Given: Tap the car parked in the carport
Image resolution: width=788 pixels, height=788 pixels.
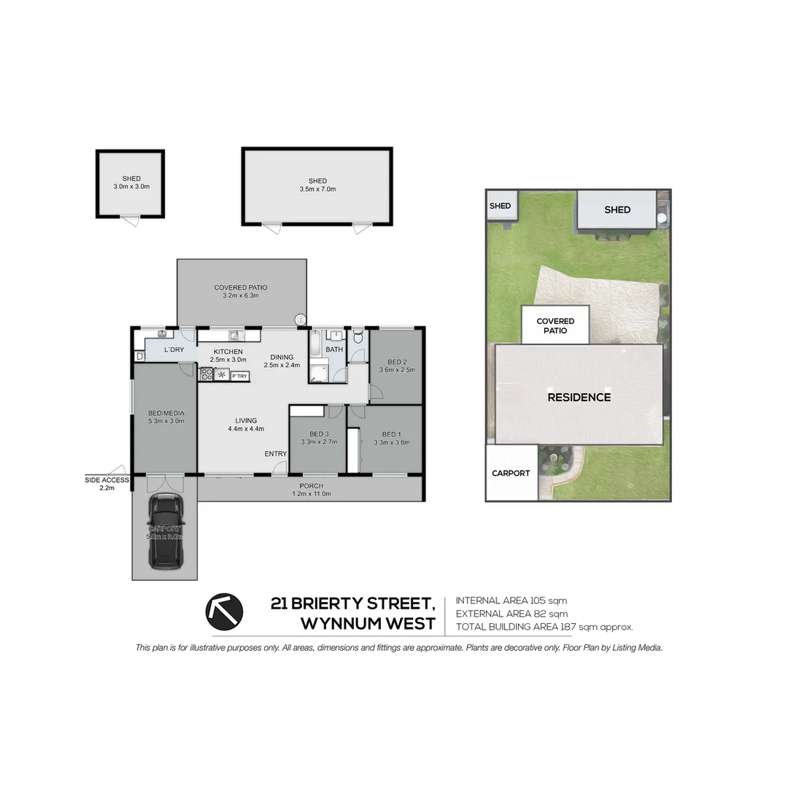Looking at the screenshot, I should pyautogui.click(x=166, y=531).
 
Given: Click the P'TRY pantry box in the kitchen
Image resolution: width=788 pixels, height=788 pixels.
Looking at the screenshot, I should pyautogui.click(x=240, y=376).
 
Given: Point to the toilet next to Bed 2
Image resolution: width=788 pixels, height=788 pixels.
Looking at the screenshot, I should pyautogui.click(x=358, y=337).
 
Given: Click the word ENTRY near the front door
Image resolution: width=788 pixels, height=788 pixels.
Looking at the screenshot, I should pyautogui.click(x=276, y=454).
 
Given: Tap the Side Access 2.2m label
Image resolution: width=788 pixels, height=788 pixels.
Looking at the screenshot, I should pyautogui.click(x=107, y=484).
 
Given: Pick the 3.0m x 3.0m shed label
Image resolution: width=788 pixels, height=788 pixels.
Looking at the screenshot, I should pyautogui.click(x=131, y=182).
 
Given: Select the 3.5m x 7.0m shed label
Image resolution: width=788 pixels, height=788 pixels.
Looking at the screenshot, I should pyautogui.click(x=317, y=185).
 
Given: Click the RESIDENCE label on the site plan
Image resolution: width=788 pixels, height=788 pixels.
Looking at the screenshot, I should pyautogui.click(x=579, y=398).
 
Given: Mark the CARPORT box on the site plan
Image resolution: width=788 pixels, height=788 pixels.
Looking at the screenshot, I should pyautogui.click(x=511, y=473).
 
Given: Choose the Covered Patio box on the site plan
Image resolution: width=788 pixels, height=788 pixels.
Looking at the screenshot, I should pyautogui.click(x=555, y=325).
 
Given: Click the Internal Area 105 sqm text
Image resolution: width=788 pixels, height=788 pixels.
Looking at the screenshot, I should pyautogui.click(x=511, y=600).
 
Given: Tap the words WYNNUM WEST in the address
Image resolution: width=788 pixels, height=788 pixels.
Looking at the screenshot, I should pyautogui.click(x=368, y=624).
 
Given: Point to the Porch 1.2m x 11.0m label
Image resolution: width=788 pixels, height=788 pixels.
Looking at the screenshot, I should pyautogui.click(x=311, y=490).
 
